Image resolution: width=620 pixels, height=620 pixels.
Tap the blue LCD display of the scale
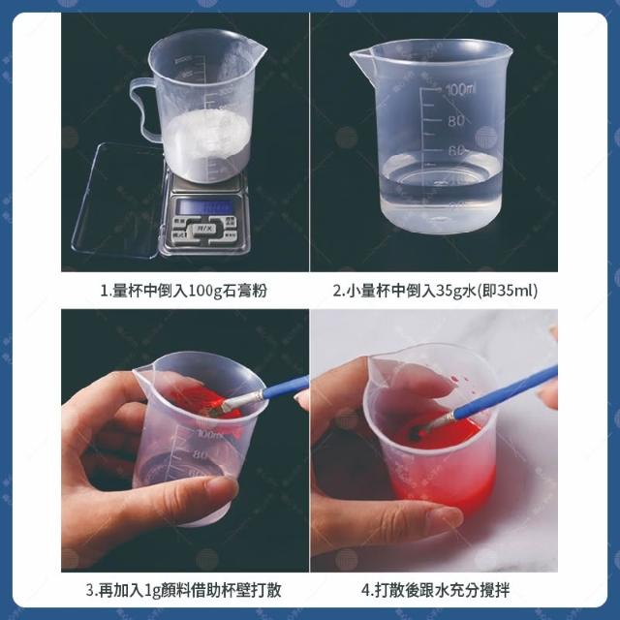click(x=204, y=206)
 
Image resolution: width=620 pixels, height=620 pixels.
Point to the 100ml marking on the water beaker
click(x=460, y=90)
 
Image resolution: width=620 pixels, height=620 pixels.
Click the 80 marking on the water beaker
click(x=456, y=120)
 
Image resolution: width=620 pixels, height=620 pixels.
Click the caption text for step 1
click(x=183, y=291)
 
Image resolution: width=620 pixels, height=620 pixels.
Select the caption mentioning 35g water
click(x=435, y=291)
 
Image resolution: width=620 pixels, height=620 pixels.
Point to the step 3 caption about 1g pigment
click(x=183, y=590)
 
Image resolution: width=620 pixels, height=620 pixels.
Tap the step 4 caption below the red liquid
click(x=435, y=590)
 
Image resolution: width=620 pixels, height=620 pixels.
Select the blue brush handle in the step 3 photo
click(x=286, y=387)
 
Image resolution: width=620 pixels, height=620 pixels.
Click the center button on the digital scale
click(x=204, y=229)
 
